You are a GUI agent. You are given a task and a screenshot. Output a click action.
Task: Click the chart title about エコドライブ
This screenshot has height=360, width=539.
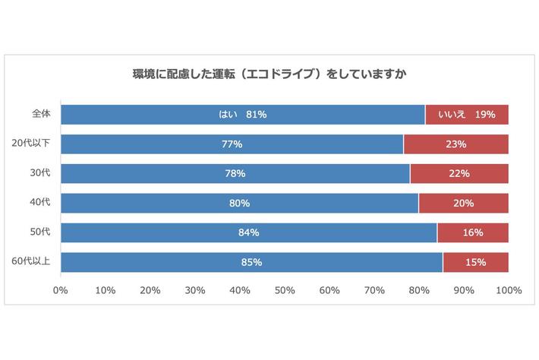click(269, 74)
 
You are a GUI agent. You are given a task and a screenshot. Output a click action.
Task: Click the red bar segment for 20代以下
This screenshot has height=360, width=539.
click(455, 144)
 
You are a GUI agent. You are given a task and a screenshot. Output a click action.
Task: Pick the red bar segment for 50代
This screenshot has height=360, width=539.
click(472, 233)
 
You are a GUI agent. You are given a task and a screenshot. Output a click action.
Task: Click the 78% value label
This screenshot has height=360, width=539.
click(235, 174)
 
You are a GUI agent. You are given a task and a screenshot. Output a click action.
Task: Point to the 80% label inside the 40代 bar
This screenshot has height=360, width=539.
click(239, 204)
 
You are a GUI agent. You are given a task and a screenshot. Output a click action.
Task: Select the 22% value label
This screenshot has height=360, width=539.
click(459, 174)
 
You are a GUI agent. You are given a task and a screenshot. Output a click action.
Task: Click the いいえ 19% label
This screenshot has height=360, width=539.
click(466, 115)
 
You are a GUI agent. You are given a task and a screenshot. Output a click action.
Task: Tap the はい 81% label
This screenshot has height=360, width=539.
click(242, 115)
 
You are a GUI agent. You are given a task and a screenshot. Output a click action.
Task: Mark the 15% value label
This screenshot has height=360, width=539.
click(475, 263)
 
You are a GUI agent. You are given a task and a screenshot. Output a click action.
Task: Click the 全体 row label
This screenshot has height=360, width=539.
click(41, 114)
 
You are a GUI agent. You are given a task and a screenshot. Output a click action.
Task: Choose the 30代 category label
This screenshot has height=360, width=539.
click(40, 173)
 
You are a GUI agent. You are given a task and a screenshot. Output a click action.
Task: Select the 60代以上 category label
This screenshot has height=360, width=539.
click(31, 262)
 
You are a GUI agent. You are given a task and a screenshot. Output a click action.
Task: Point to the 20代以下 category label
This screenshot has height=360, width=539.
click(31, 144)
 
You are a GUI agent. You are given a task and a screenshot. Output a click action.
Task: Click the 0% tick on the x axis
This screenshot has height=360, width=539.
click(61, 290)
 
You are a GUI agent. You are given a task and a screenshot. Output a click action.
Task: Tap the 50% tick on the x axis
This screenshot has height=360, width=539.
click(285, 290)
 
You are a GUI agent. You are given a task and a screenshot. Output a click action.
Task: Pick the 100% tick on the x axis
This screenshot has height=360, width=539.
click(508, 290)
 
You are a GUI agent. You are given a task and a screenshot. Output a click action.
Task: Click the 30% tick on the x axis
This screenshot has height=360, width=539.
click(195, 290)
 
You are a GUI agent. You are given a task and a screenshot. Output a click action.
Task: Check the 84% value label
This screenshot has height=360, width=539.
click(248, 233)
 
